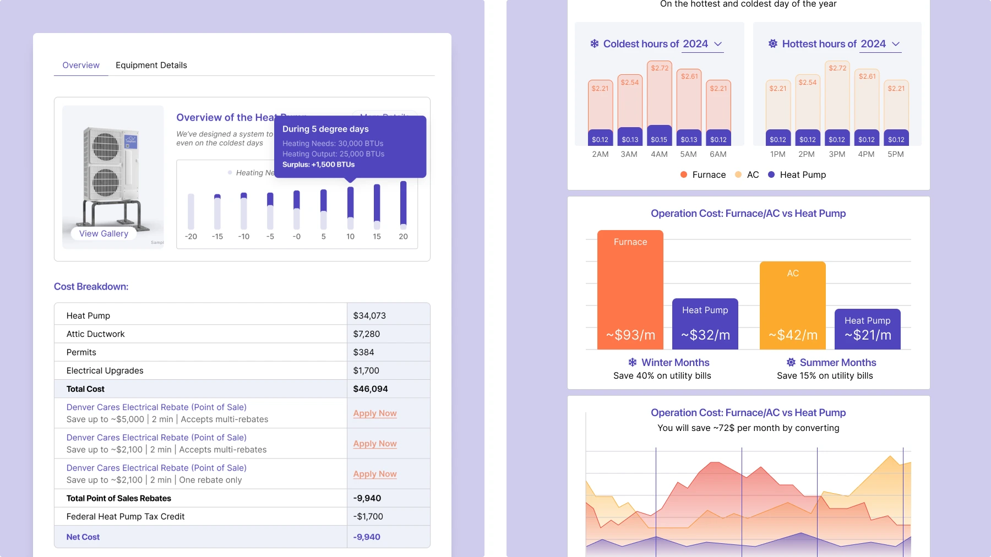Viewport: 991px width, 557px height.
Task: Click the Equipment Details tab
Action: tap(151, 65)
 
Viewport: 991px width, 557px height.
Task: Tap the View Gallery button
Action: tap(104, 233)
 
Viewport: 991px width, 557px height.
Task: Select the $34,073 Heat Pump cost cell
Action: tap(369, 315)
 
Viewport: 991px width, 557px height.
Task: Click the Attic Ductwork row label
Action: tap(95, 334)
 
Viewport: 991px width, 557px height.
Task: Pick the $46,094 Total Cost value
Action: tap(371, 389)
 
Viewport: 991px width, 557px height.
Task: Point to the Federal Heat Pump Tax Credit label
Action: tap(126, 516)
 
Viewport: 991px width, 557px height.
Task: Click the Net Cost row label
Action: tap(83, 537)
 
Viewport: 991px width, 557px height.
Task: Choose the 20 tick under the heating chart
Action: tap(403, 237)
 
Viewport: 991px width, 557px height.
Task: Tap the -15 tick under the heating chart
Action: tap(217, 237)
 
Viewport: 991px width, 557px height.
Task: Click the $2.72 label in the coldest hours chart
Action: tap(660, 68)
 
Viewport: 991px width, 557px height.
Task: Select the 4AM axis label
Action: tap(659, 154)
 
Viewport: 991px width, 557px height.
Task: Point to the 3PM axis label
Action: tap(837, 154)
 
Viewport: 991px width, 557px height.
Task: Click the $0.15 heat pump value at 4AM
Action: tap(659, 140)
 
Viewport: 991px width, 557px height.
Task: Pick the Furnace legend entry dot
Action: tap(684, 174)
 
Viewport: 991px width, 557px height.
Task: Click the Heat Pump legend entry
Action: tap(797, 174)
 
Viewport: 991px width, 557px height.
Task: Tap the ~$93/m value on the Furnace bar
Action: tap(630, 335)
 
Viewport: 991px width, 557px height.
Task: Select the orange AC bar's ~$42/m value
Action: tap(793, 335)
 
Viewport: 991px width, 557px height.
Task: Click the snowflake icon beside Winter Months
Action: tap(633, 362)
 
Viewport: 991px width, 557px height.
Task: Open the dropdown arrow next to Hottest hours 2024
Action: tap(896, 44)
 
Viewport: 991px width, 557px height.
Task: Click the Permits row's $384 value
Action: tap(363, 352)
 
